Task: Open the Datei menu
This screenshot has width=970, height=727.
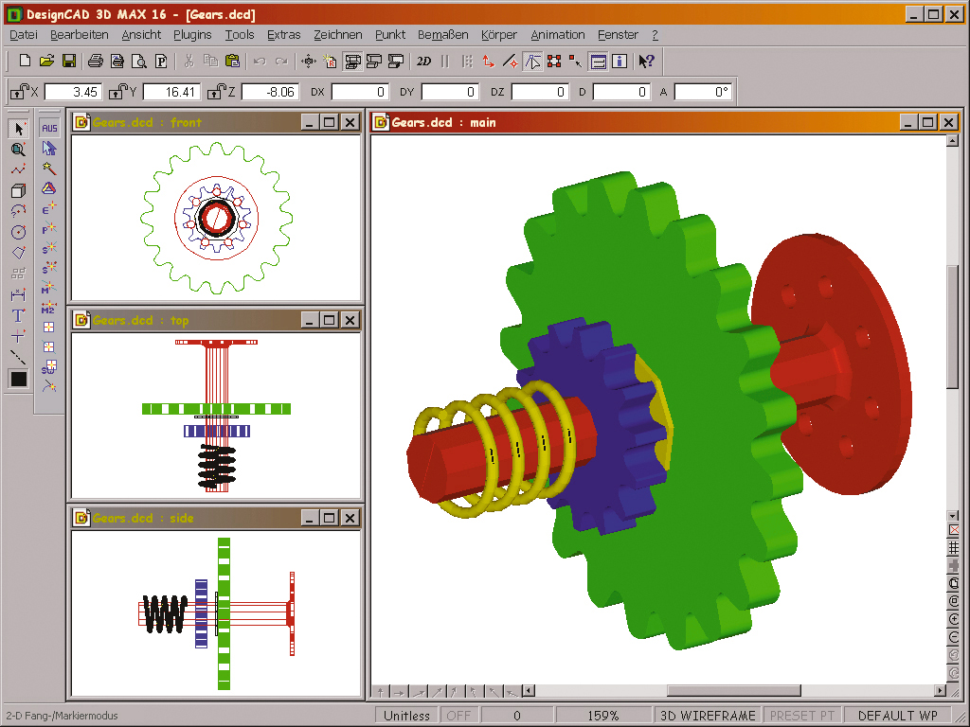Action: [23, 35]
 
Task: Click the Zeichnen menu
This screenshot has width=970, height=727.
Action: [338, 35]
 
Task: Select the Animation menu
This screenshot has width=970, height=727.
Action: [558, 35]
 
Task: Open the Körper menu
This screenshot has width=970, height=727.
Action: [499, 35]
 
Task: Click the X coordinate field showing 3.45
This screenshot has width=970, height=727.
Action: [73, 92]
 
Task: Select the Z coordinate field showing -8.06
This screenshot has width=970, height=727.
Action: [270, 92]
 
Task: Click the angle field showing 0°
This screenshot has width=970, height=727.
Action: [703, 92]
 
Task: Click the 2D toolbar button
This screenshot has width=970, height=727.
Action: [423, 62]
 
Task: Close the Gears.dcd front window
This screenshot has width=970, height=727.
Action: [350, 122]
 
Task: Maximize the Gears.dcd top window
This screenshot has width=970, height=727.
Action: [329, 320]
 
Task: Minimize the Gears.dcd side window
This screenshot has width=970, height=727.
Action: [309, 518]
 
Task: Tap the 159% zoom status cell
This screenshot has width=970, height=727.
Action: [602, 716]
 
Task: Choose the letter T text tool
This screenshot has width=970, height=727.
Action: [18, 315]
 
